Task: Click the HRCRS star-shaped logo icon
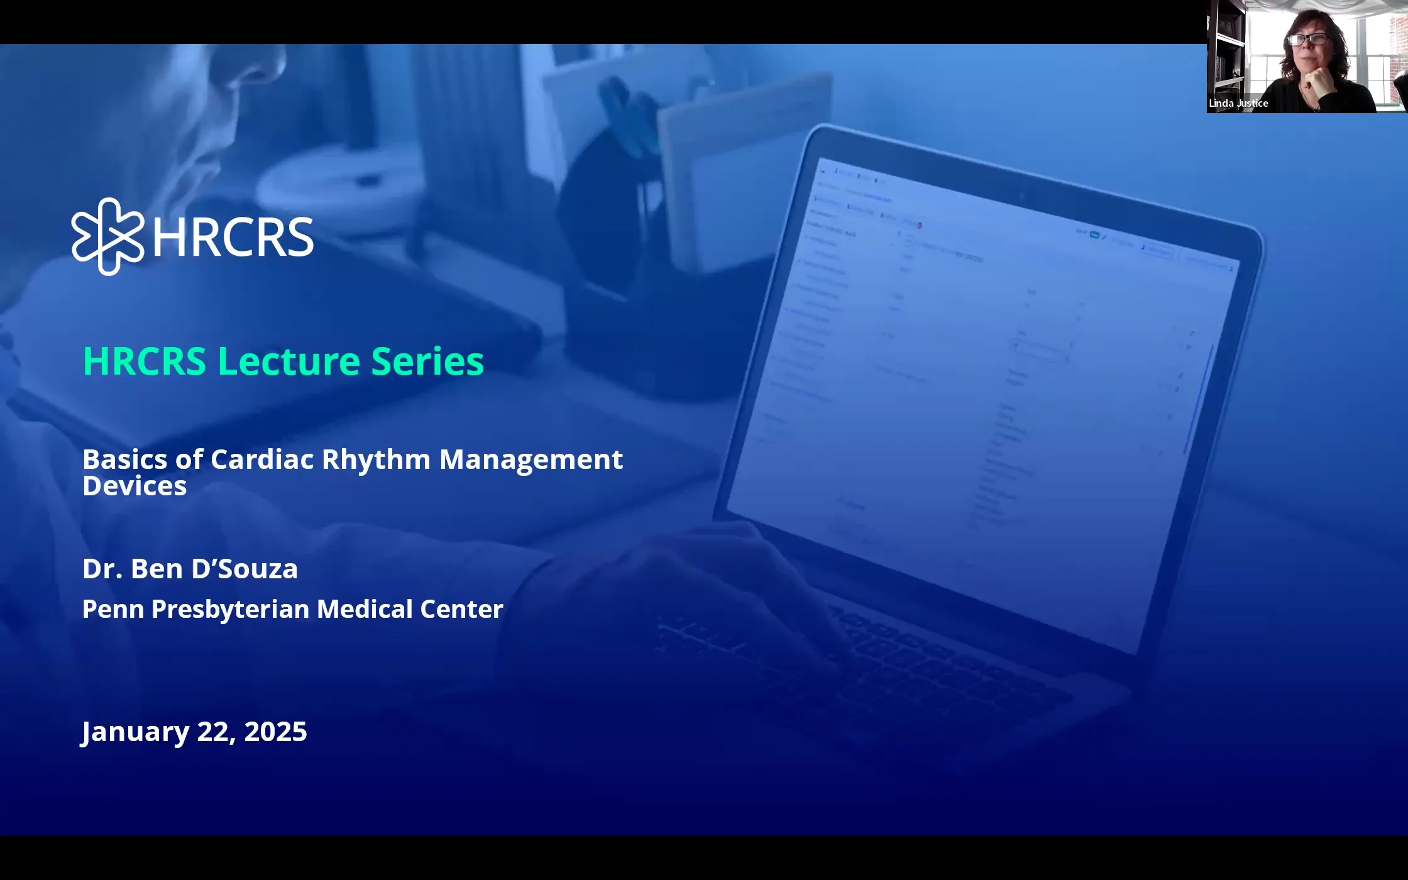click(107, 236)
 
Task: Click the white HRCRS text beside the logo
click(233, 237)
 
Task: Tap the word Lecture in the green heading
click(289, 361)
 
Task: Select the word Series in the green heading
click(427, 361)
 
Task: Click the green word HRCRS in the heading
click(145, 361)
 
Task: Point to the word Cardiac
click(262, 459)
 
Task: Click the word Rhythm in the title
click(376, 459)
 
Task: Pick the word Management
click(531, 459)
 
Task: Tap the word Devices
click(135, 486)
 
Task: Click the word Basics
click(124, 459)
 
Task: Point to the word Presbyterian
click(230, 609)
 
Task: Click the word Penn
click(113, 609)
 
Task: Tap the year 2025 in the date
click(275, 732)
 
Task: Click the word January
click(135, 732)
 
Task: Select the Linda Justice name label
click(1238, 103)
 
